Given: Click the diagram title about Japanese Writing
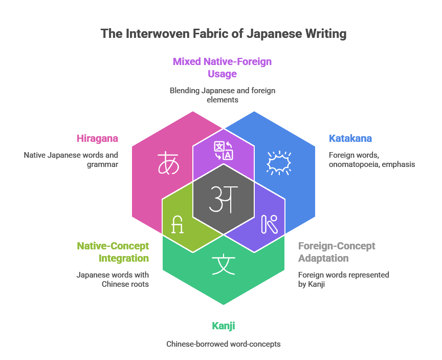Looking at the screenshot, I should click(x=224, y=34).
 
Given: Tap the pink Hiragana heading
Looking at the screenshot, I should click(x=97, y=138).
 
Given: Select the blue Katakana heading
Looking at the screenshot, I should click(x=350, y=138).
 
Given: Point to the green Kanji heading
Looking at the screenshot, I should click(x=224, y=326).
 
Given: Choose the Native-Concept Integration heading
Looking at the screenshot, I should click(x=113, y=252).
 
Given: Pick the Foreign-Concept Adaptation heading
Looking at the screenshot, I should click(x=337, y=252).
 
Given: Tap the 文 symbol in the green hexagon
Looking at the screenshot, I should click(x=223, y=265).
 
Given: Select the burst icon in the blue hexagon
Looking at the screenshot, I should click(x=279, y=163).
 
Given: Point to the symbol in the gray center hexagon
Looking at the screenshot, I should click(x=224, y=199).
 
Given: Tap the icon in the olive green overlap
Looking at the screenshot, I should click(x=177, y=225).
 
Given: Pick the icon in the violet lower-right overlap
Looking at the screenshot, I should click(x=269, y=224).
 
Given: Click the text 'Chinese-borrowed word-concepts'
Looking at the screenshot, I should click(x=224, y=344).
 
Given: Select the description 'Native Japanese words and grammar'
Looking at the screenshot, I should click(x=71, y=159).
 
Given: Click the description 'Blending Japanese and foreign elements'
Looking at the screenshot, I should click(x=223, y=95).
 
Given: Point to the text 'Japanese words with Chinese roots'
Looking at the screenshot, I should click(x=113, y=279).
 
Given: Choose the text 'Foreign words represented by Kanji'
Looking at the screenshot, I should click(x=344, y=279).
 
